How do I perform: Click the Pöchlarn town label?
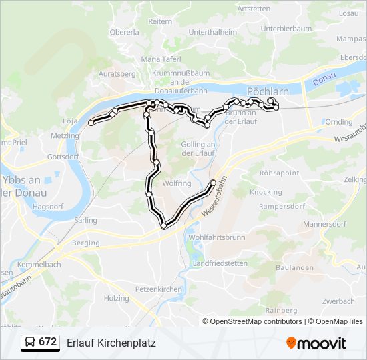point(266,90)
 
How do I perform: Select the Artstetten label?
point(254,9)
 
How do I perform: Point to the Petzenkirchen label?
point(158,289)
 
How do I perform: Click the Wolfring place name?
point(176,183)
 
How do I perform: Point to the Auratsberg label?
point(117,73)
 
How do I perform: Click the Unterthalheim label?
point(213,31)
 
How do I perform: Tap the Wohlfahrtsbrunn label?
point(217,237)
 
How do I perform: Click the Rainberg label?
point(281,311)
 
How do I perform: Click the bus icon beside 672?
point(30,343)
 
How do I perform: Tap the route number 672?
point(48,342)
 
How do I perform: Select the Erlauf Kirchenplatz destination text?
point(111,343)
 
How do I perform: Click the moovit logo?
point(316,343)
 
